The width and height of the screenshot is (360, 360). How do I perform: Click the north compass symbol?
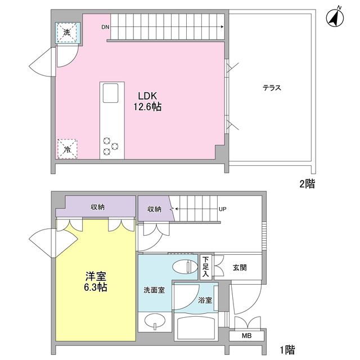coord(336,19)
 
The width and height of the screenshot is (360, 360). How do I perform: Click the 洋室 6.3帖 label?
coord(96,281)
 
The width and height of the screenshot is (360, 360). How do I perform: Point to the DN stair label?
coord(106,27)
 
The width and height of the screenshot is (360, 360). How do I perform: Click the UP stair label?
coord(222,209)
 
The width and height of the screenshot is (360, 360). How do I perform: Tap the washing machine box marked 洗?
coord(67,33)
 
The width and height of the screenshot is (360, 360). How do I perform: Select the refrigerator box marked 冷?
coord(67,149)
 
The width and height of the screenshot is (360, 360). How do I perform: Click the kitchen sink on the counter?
coord(110,93)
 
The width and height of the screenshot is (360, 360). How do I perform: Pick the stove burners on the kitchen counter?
coord(110,146)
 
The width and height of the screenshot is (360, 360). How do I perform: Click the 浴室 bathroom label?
coord(205,300)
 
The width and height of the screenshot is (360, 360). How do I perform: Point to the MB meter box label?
coord(247,336)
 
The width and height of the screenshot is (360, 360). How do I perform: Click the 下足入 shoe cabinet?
coord(206,267)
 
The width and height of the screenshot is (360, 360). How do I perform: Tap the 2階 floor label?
coord(307,183)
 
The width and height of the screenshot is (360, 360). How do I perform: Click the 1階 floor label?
coord(287,349)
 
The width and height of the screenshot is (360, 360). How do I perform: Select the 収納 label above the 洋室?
coord(97,208)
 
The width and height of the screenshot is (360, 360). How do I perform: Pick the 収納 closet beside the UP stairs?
coord(154,209)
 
